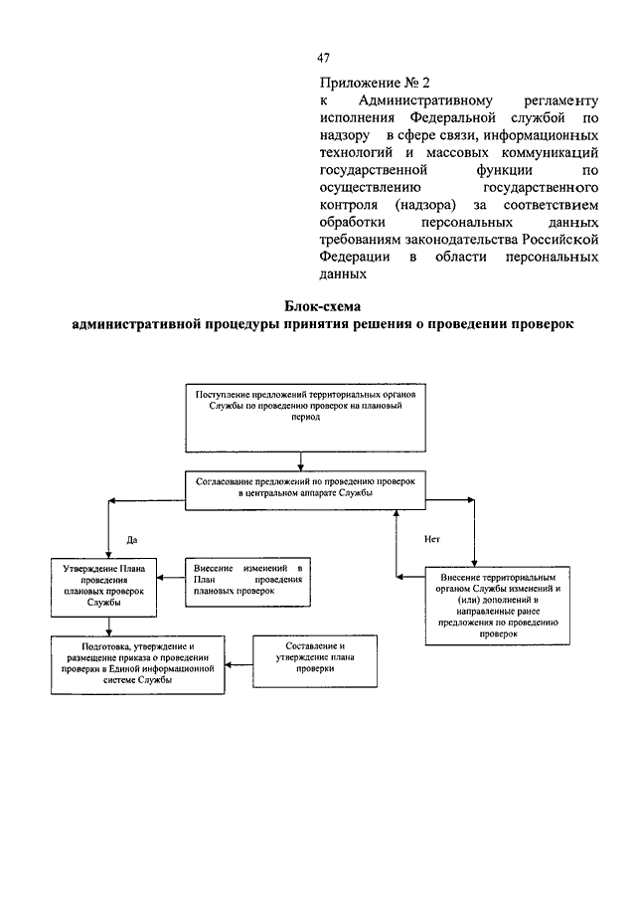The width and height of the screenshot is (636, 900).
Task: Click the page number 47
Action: pos(323,58)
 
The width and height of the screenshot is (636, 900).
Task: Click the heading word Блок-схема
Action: pos(322,306)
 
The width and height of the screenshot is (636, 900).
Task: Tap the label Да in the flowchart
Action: pos(132,540)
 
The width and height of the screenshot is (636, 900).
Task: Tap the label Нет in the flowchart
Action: pos(432,539)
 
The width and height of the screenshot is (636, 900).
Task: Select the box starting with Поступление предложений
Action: pos(305,418)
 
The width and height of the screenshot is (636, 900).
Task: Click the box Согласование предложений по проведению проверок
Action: pos(305,490)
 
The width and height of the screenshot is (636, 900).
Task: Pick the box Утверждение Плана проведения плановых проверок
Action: pos(103,588)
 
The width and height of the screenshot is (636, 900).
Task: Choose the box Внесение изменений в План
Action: pos(247,582)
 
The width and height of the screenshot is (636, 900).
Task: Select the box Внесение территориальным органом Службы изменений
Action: pos(497,606)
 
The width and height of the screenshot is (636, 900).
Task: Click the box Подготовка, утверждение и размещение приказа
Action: pos(138,664)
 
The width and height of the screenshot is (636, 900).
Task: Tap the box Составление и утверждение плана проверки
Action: pos(315,661)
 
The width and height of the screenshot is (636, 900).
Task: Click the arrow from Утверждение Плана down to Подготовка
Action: pos(109,627)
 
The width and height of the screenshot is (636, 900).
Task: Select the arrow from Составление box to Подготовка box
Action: pos(238,665)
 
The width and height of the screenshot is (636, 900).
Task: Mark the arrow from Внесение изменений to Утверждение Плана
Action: pos(171,578)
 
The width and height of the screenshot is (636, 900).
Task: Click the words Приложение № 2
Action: pos(375,84)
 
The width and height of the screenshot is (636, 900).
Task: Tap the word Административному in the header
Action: pos(425,101)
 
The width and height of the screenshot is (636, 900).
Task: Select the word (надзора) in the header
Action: pos(425,205)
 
